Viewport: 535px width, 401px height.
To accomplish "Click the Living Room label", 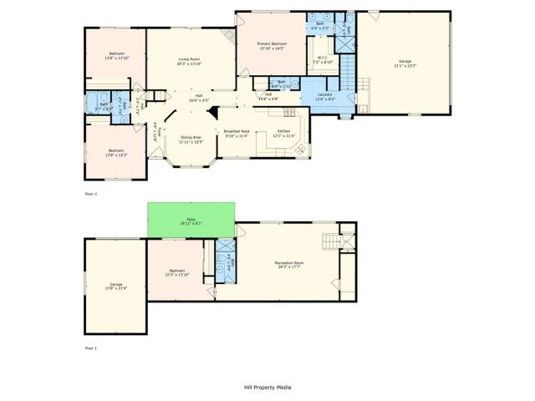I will pyautogui.click(x=189, y=61).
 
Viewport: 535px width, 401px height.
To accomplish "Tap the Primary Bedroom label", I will pyautogui.click(x=273, y=46).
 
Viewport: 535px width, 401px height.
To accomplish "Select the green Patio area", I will pyautogui.click(x=189, y=220).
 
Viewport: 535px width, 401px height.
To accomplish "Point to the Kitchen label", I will pyautogui.click(x=284, y=134).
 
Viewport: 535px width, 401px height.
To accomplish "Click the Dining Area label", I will pyautogui.click(x=191, y=140).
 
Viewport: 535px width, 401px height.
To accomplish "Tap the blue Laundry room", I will pyautogui.click(x=325, y=97).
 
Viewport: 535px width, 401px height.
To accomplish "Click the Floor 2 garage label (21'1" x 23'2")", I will pyautogui.click(x=405, y=64).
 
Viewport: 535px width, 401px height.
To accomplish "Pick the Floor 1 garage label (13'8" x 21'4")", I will pyautogui.click(x=115, y=287).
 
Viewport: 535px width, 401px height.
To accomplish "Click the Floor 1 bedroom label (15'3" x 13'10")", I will pyautogui.click(x=178, y=272).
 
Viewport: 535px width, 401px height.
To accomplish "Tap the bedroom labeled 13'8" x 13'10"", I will pyautogui.click(x=115, y=57).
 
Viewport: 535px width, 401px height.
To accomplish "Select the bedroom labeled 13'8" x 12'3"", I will pyautogui.click(x=115, y=153).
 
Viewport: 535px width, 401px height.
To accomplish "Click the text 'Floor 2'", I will pyautogui.click(x=91, y=194).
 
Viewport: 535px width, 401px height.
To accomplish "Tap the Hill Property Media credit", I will pyautogui.click(x=267, y=388).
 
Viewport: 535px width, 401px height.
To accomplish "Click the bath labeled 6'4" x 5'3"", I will pyautogui.click(x=320, y=26).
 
